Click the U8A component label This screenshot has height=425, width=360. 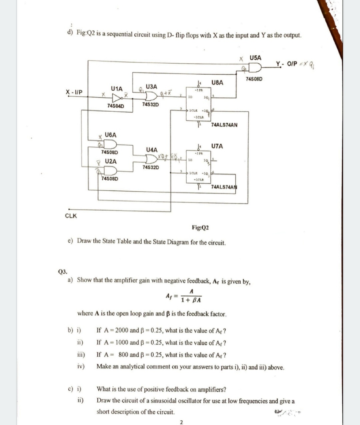click(217, 82)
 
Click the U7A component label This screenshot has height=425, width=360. click(217, 146)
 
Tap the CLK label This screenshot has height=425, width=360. click(71, 215)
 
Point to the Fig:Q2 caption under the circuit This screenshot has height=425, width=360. click(200, 227)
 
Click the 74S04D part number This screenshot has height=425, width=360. click(116, 106)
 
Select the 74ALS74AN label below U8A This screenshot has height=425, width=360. click(224, 125)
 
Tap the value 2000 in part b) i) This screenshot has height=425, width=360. click(122, 330)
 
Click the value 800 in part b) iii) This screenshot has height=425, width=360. click(123, 355)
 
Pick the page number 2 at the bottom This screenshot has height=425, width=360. click(181, 422)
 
